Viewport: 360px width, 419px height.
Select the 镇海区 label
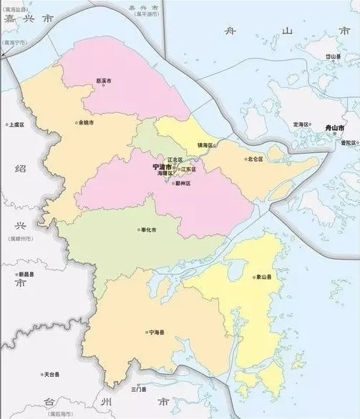point(195,146)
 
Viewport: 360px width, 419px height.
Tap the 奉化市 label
point(148,230)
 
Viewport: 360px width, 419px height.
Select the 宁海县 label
point(156,332)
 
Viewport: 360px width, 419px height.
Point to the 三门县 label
point(140,390)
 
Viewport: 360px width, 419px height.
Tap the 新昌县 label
point(27,275)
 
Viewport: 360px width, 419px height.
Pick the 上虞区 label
point(16,124)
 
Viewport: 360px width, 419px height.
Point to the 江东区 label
point(188,169)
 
